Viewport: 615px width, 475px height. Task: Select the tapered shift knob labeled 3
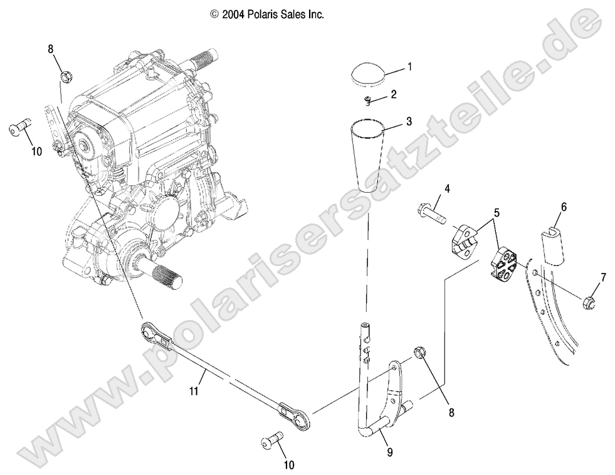click(368, 153)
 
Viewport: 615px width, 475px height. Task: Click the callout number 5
click(497, 213)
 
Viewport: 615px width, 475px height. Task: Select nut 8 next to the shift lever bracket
click(421, 354)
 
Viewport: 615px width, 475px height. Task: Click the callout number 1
click(409, 66)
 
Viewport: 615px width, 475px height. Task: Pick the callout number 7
click(603, 277)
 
